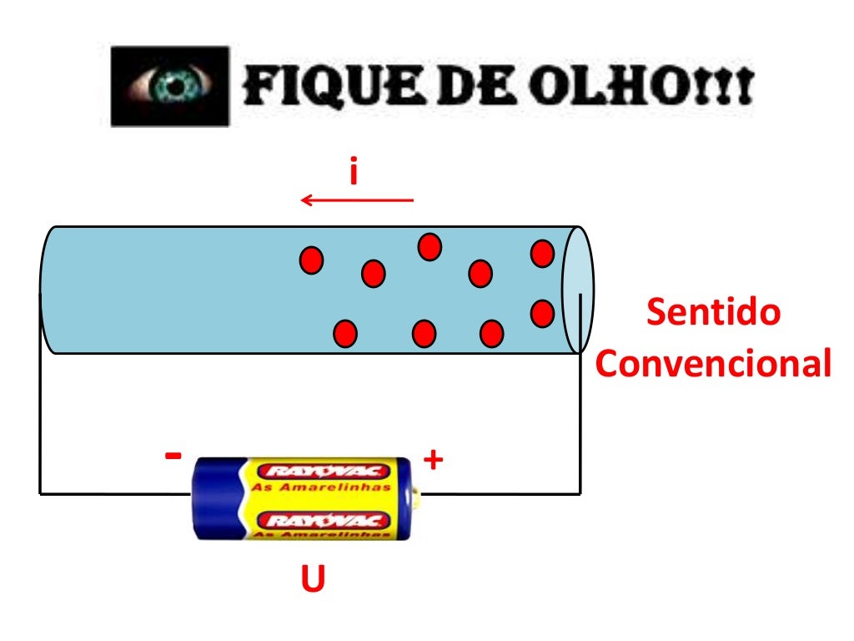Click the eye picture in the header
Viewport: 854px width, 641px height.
point(170,86)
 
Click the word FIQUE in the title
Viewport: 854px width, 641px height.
point(332,85)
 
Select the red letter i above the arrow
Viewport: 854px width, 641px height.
point(354,170)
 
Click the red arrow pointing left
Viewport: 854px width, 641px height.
point(357,200)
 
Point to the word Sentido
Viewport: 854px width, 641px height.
point(714,312)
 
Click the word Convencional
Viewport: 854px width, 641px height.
point(714,363)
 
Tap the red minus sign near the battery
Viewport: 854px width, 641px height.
point(173,455)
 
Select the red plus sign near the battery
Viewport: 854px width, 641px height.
point(433,460)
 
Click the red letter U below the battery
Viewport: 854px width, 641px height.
point(314,578)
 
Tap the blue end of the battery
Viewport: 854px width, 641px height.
point(218,499)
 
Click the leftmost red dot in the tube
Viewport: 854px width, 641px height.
point(312,260)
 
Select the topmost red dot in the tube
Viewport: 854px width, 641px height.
point(430,247)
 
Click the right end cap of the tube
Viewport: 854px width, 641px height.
point(578,290)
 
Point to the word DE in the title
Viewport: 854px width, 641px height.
point(475,85)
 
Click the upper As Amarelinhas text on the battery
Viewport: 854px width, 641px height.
point(321,487)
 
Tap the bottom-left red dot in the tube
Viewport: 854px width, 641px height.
point(345,334)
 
